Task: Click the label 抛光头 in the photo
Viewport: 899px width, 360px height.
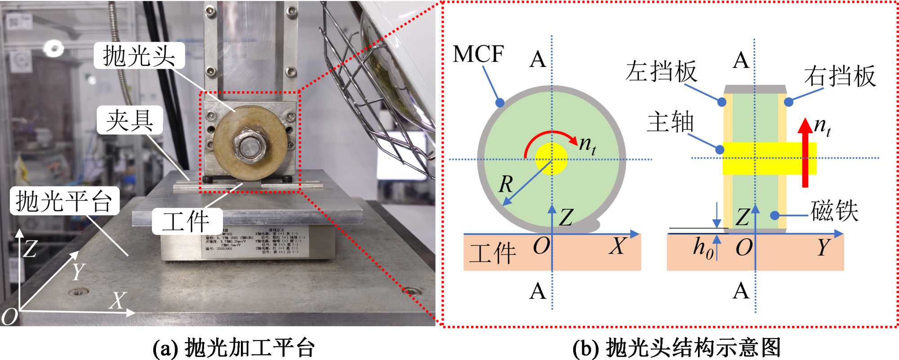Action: pos(139,56)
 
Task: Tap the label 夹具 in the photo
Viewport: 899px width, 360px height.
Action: pos(129,120)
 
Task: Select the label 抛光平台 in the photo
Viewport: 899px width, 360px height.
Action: pos(64,201)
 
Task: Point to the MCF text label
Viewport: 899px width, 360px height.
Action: pos(478,54)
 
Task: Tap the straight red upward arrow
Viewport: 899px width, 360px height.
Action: pos(805,153)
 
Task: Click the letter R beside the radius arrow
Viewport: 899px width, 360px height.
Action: pos(506,184)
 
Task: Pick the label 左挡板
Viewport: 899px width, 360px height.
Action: pos(661,71)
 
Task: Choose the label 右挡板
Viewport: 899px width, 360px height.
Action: pos(840,76)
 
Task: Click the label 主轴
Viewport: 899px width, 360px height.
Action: pos(670,122)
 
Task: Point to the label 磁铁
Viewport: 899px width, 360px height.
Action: pos(834,211)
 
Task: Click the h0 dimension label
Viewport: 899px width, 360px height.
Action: pos(703,248)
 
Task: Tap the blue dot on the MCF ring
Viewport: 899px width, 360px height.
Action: pos(500,103)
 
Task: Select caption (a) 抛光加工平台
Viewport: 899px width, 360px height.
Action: pos(234,348)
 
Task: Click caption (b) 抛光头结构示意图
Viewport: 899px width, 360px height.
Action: pos(676,348)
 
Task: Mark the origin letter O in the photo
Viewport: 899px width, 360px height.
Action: pos(9,316)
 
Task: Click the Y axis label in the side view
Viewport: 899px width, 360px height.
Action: pos(823,247)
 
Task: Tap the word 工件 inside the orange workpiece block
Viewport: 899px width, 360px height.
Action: pos(492,253)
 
